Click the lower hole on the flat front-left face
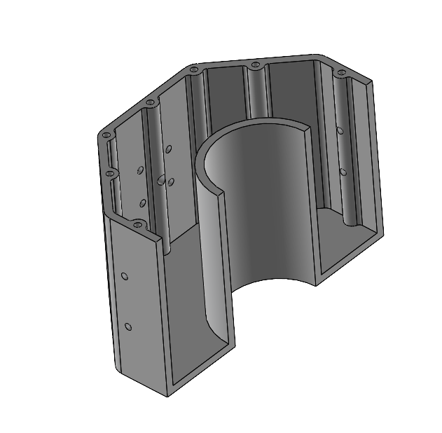[x=128, y=327]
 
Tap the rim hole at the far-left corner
[x=106, y=135]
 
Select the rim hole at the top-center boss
[x=254, y=65]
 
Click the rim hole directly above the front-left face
[x=137, y=225]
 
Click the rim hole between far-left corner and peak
[x=150, y=103]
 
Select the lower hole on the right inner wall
[x=343, y=171]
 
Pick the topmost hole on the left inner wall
[x=168, y=149]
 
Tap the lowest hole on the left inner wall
[x=143, y=203]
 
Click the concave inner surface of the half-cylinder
[x=259, y=203]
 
